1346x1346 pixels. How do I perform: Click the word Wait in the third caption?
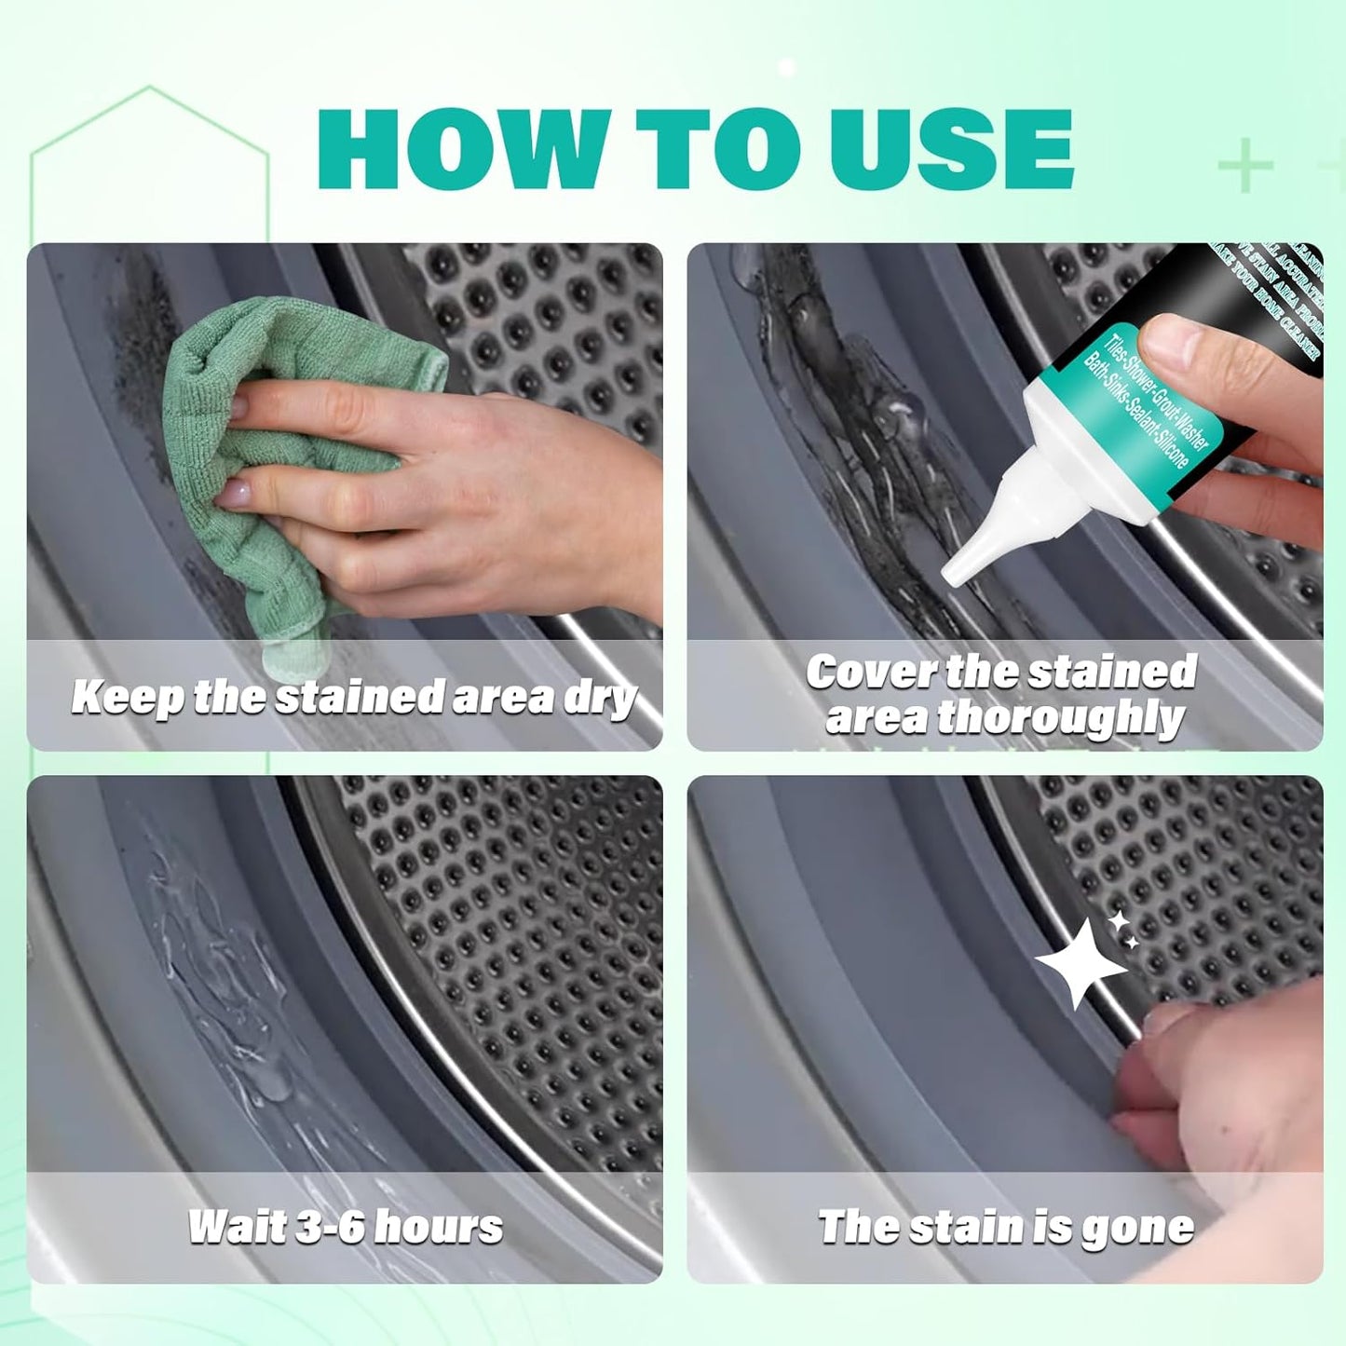point(235,1227)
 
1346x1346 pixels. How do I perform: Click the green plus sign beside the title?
point(1245,166)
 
